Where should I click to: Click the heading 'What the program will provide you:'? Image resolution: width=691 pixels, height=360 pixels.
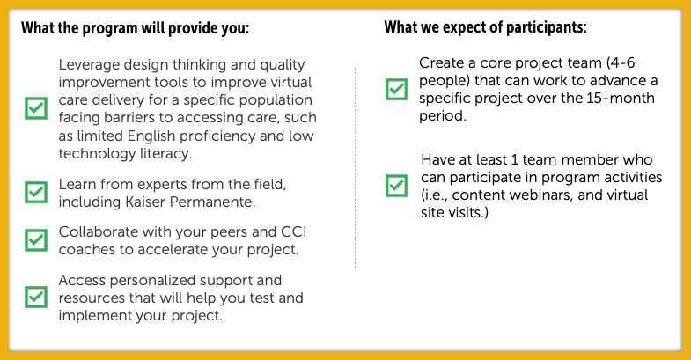[136, 28]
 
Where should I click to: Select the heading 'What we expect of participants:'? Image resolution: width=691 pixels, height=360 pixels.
[485, 27]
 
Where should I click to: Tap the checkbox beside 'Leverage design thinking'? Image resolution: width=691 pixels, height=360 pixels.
[36, 108]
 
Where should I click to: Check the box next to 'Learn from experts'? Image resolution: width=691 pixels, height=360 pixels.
[36, 192]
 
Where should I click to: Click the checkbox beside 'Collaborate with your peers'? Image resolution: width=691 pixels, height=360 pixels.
[36, 240]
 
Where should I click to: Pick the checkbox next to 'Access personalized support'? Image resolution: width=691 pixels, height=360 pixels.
[36, 297]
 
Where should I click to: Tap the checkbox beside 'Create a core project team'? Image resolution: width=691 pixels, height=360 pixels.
[397, 89]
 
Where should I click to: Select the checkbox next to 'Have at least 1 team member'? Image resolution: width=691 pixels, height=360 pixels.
[397, 186]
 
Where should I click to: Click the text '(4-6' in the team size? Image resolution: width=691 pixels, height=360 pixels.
[621, 63]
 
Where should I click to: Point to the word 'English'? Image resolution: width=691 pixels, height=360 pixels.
[151, 136]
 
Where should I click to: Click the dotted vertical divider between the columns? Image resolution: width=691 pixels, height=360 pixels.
[356, 168]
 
